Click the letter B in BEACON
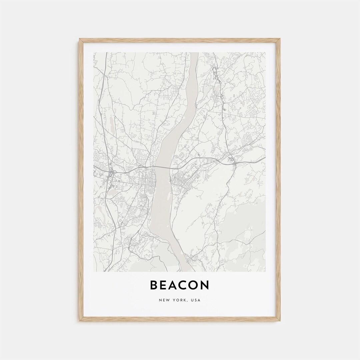(154, 285)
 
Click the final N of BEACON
(205, 285)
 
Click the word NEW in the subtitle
(164, 300)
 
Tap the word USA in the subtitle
(196, 300)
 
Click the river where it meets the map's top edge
(194, 53)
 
